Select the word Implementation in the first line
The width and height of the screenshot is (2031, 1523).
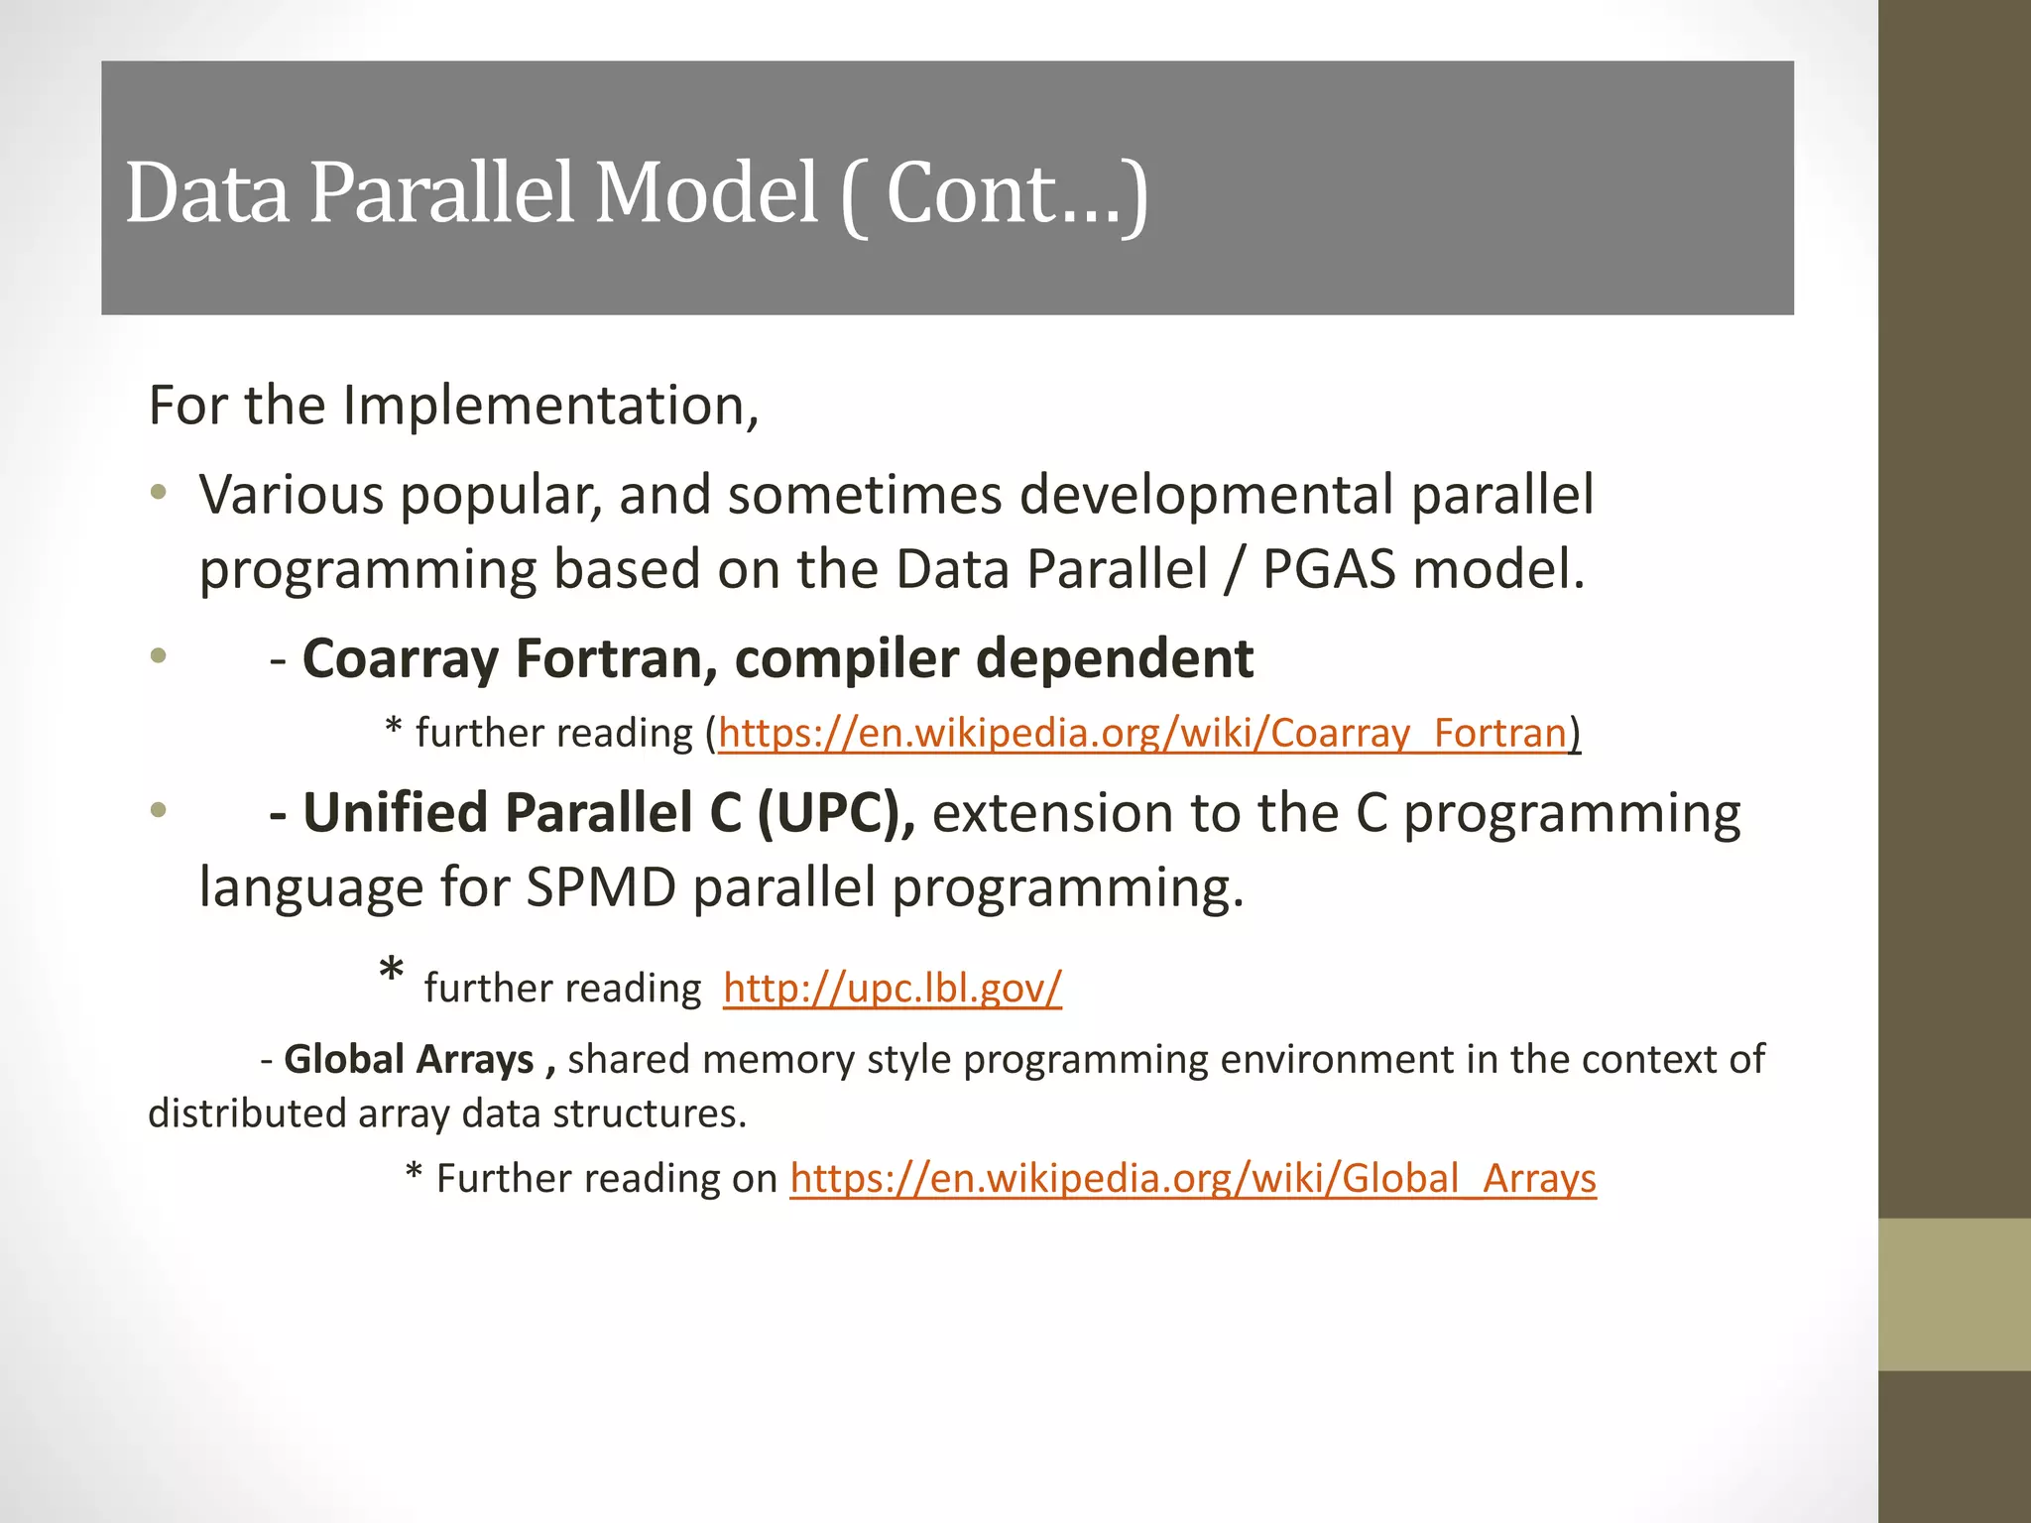[x=550, y=406]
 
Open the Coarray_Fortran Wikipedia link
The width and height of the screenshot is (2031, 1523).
[x=1141, y=733]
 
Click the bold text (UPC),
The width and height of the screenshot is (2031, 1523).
[x=836, y=812]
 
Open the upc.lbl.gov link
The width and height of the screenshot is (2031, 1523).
[x=892, y=988]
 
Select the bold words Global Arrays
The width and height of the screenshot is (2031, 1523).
[x=409, y=1059]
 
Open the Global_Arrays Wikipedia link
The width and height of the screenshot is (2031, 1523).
[x=1192, y=1178]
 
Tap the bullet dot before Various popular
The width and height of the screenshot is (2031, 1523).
[x=159, y=492]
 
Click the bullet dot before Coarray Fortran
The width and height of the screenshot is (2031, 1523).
[x=159, y=655]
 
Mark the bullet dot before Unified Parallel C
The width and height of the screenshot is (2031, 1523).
[x=159, y=810]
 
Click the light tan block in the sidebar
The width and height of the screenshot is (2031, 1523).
[x=1954, y=1294]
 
